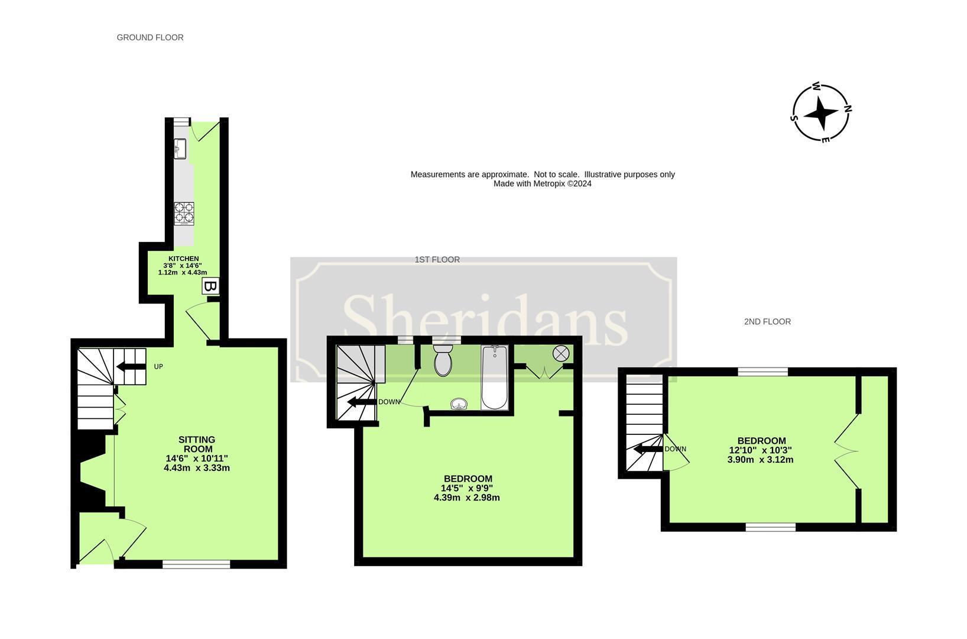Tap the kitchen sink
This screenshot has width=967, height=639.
[x=180, y=149]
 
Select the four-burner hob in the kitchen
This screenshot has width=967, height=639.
[x=184, y=212]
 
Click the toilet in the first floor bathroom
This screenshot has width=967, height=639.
[x=443, y=360]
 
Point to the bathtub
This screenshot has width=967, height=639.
[x=494, y=378]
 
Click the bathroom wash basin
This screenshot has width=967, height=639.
[x=459, y=405]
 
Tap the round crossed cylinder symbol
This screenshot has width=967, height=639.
[x=560, y=354]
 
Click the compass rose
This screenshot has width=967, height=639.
[x=821, y=112]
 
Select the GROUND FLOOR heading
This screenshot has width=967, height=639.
[x=150, y=37]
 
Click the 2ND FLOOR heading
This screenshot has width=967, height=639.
[x=767, y=321]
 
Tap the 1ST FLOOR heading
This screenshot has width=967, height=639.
[x=437, y=259]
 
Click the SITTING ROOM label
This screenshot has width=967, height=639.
[x=197, y=444]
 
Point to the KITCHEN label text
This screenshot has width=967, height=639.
[x=183, y=259]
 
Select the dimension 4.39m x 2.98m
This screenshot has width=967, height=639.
[x=466, y=498]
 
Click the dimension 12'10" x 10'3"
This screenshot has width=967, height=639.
[x=761, y=450]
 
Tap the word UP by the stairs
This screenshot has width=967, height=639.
[x=158, y=367]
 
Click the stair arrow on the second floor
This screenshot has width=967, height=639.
[x=647, y=449]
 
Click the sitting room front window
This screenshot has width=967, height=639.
[x=196, y=564]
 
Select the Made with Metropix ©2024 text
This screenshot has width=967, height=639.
[x=542, y=183]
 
